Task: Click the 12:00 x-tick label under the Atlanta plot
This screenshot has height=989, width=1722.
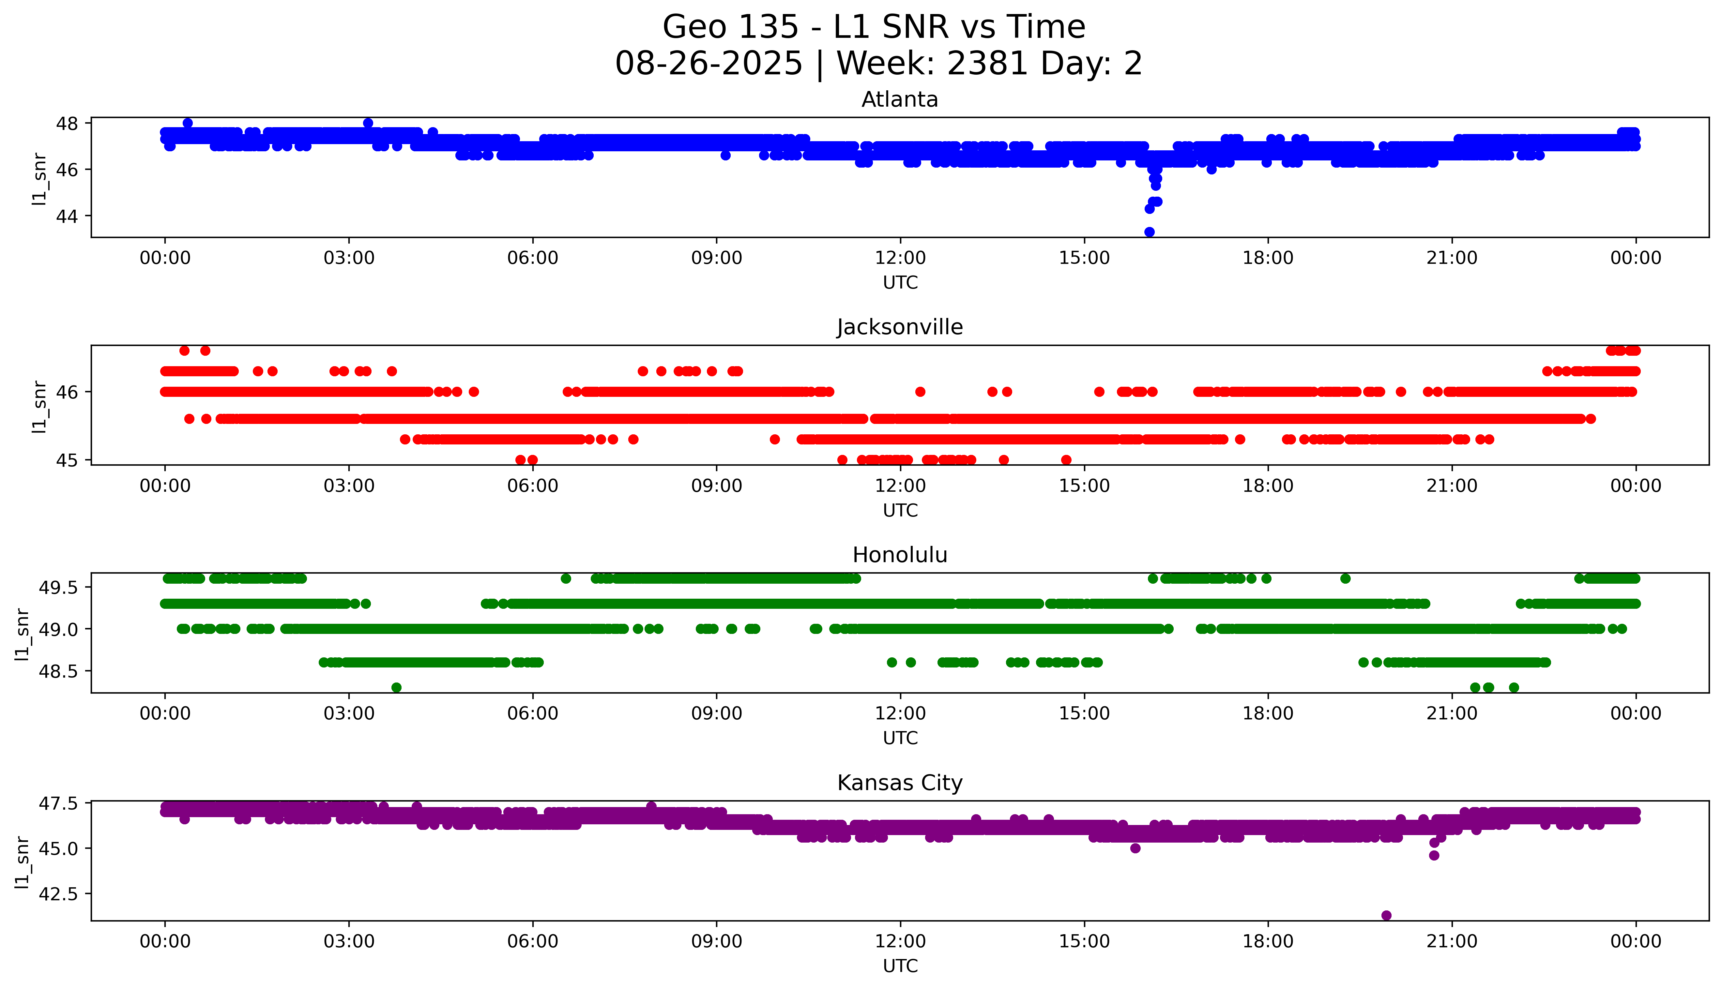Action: pos(900,258)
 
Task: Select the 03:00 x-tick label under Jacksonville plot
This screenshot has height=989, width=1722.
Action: pos(349,486)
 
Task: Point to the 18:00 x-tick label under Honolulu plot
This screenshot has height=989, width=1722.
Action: pos(1268,713)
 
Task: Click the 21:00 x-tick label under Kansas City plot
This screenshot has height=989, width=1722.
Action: pos(1452,941)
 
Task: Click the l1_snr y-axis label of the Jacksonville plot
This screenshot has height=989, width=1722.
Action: pos(39,406)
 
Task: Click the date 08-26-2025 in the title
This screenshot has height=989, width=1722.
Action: pos(709,64)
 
